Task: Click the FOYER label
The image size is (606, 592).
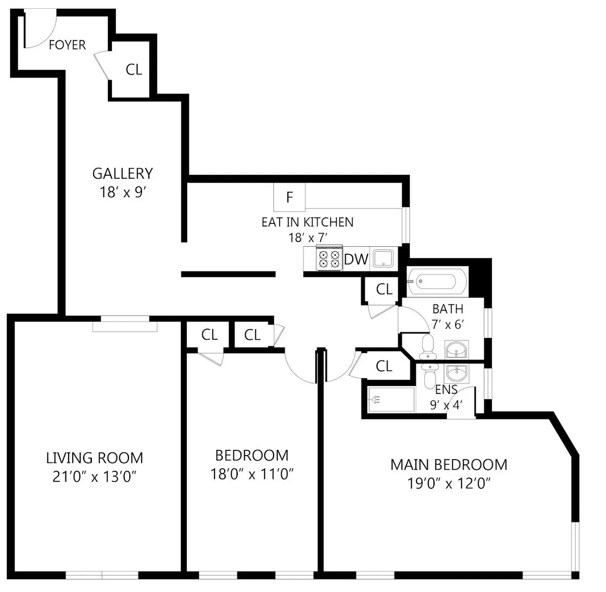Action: click(x=67, y=45)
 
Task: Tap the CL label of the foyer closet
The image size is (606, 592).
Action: click(x=134, y=70)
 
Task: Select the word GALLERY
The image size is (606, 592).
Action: click(x=123, y=173)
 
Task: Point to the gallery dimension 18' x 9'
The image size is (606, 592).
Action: click(x=123, y=192)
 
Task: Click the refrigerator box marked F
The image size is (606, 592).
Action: click(x=289, y=197)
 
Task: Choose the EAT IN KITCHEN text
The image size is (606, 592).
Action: click(x=307, y=222)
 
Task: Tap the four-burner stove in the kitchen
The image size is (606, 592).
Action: click(x=329, y=258)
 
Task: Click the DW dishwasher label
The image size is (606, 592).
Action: click(x=356, y=259)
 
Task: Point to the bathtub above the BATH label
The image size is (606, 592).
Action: click(x=437, y=281)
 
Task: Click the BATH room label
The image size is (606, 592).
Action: click(x=447, y=309)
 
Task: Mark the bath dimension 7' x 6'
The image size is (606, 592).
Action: click(x=447, y=324)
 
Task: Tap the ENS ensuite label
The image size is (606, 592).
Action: click(x=446, y=389)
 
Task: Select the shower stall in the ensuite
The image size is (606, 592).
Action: click(x=391, y=400)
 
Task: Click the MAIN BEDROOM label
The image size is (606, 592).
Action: click(x=448, y=464)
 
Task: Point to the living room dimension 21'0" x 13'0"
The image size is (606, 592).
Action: click(x=94, y=477)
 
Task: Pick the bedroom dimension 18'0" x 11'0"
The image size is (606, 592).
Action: click(x=251, y=474)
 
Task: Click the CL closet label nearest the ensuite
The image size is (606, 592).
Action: click(x=384, y=366)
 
